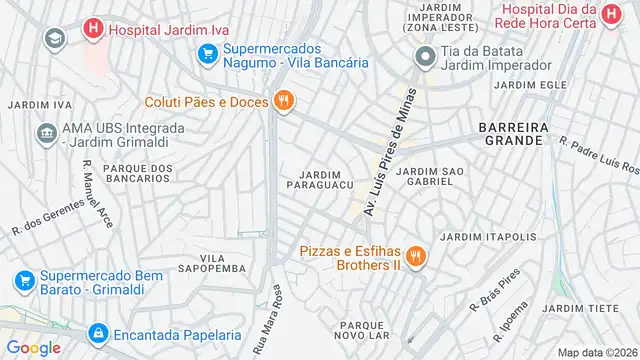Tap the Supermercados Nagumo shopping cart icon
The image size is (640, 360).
click(x=208, y=54)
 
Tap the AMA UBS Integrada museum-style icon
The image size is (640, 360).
click(x=46, y=133)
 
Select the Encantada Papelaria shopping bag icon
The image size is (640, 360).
click(x=98, y=334)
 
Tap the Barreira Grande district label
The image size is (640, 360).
click(x=511, y=134)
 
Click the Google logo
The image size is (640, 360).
click(x=33, y=347)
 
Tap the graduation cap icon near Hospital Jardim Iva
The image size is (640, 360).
click(x=54, y=38)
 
